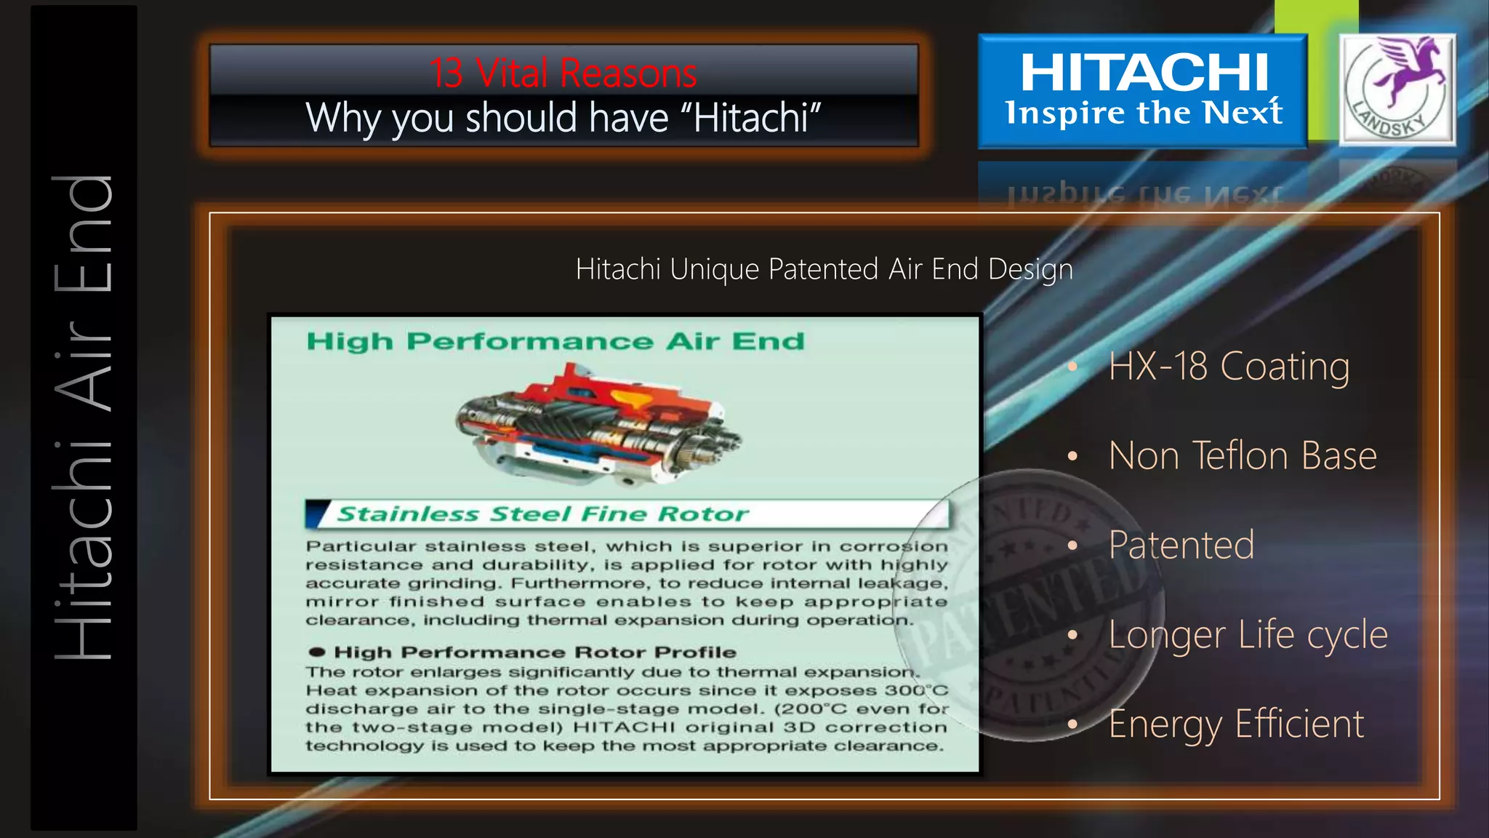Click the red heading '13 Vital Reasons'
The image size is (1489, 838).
point(563,73)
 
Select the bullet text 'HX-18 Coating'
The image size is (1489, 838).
point(1229,366)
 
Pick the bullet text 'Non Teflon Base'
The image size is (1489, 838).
point(1243,456)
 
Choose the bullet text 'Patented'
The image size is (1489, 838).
point(1181,545)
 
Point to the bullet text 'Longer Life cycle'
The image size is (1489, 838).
point(1248,634)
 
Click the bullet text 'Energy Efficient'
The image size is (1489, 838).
point(1236,724)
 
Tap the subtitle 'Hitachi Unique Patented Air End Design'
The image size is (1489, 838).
point(824,269)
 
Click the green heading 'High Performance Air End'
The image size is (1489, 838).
point(555,341)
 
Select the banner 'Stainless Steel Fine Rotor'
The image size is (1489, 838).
point(542,514)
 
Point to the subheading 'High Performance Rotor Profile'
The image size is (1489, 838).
point(534,652)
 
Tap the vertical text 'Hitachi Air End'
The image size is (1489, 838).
point(84,418)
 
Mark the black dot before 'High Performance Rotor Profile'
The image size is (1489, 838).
point(316,652)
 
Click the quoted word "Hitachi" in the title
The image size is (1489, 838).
point(757,118)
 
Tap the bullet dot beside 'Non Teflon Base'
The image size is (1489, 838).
point(1072,456)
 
